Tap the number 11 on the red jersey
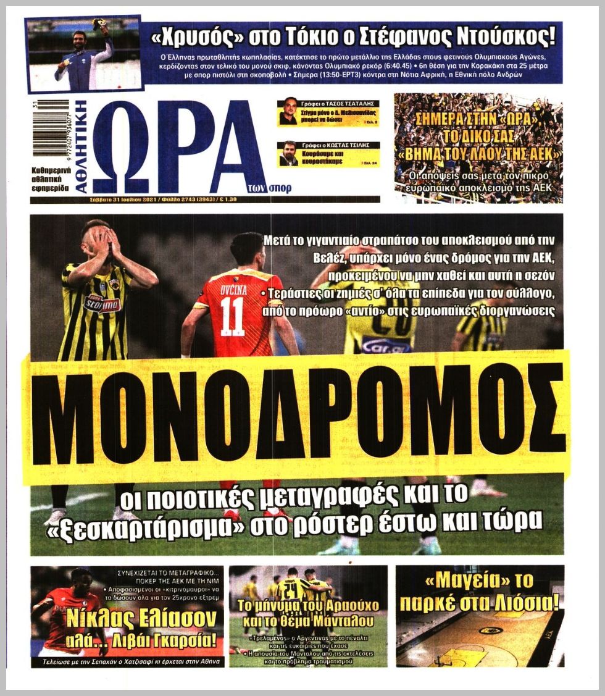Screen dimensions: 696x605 pos(233,317)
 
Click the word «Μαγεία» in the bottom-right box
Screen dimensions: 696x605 pos(452,583)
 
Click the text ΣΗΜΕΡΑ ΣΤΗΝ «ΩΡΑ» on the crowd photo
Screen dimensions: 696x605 pos(478,116)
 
